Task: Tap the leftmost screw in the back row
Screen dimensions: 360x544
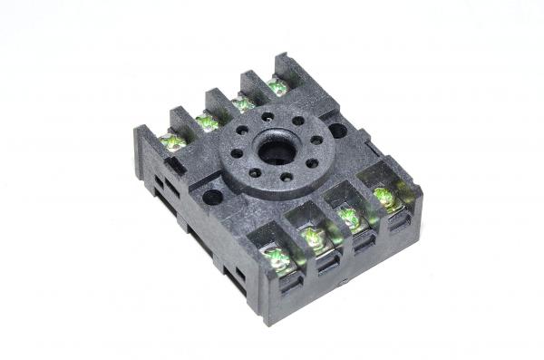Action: (171, 142)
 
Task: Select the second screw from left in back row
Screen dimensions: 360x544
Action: (209, 122)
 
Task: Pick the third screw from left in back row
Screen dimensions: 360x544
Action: (243, 103)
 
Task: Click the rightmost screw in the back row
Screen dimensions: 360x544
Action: (277, 87)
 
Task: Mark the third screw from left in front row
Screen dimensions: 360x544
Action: (349, 218)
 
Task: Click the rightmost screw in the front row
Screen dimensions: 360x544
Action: (384, 197)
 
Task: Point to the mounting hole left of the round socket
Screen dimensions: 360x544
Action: (213, 195)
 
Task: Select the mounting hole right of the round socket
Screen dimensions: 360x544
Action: (337, 131)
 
